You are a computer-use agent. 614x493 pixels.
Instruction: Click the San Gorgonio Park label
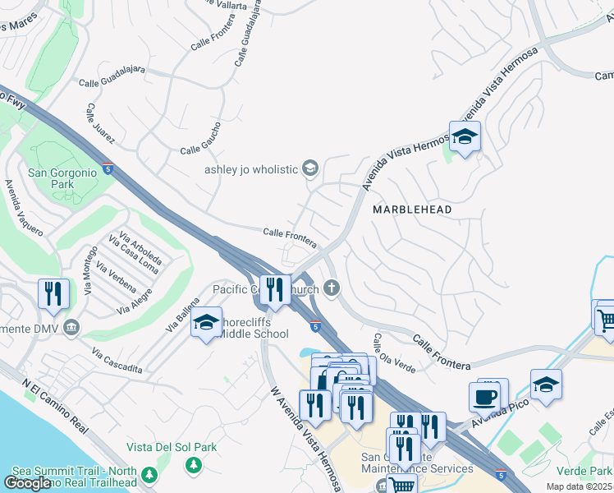[x=51, y=178]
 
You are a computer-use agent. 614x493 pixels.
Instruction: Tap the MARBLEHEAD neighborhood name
[x=412, y=210]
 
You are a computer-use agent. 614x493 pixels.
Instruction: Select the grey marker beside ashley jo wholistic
[x=309, y=169]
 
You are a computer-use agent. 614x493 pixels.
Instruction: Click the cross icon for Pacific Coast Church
[x=332, y=288]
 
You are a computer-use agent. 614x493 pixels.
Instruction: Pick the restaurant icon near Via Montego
[x=53, y=293]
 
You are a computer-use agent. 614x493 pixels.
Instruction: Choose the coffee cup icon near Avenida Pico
[x=484, y=396]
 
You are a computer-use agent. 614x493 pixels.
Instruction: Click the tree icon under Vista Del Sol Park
[x=194, y=466]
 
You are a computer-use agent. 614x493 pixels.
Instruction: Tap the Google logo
[x=27, y=483]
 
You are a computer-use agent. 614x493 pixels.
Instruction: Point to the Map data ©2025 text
[x=580, y=486]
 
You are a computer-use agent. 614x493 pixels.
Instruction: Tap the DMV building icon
[x=72, y=328]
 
